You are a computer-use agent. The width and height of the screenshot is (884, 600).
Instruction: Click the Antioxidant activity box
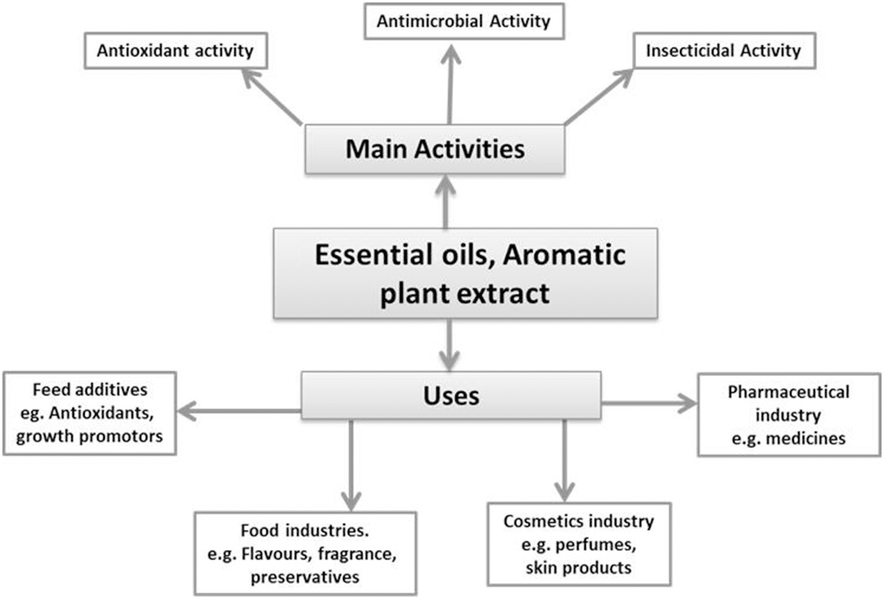pos(176,51)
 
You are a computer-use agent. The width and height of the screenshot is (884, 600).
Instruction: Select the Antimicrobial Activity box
pos(464,21)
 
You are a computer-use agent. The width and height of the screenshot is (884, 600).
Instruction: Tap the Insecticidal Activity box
pos(724,51)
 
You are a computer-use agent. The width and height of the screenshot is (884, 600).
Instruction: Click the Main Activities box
pos(435,149)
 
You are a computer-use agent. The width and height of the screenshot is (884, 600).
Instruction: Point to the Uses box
pos(451,396)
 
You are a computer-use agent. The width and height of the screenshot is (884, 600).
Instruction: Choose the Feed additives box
pos(89,413)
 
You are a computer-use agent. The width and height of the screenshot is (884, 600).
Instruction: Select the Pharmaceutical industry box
pos(789,415)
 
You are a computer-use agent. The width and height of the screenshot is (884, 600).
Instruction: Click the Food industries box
pos(305,553)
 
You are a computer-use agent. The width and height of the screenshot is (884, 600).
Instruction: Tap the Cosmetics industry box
pos(579,544)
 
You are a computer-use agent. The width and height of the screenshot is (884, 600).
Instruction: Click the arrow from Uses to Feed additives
pos(239,411)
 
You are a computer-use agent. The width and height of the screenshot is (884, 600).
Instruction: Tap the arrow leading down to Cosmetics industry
pos(564,460)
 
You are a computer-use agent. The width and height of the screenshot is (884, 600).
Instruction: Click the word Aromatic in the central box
pos(564,255)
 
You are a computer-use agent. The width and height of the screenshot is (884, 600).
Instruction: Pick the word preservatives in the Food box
pos(305,577)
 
